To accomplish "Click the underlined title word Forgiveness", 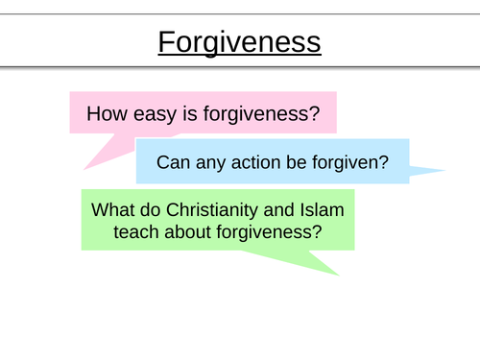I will tap(239, 43).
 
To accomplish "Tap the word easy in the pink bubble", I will tap(150, 113).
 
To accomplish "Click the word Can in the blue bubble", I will tap(174, 162).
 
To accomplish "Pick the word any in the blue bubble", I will tap(212, 162).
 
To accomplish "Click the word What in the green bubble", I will tap(113, 209).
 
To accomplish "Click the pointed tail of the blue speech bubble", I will tap(437, 173).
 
